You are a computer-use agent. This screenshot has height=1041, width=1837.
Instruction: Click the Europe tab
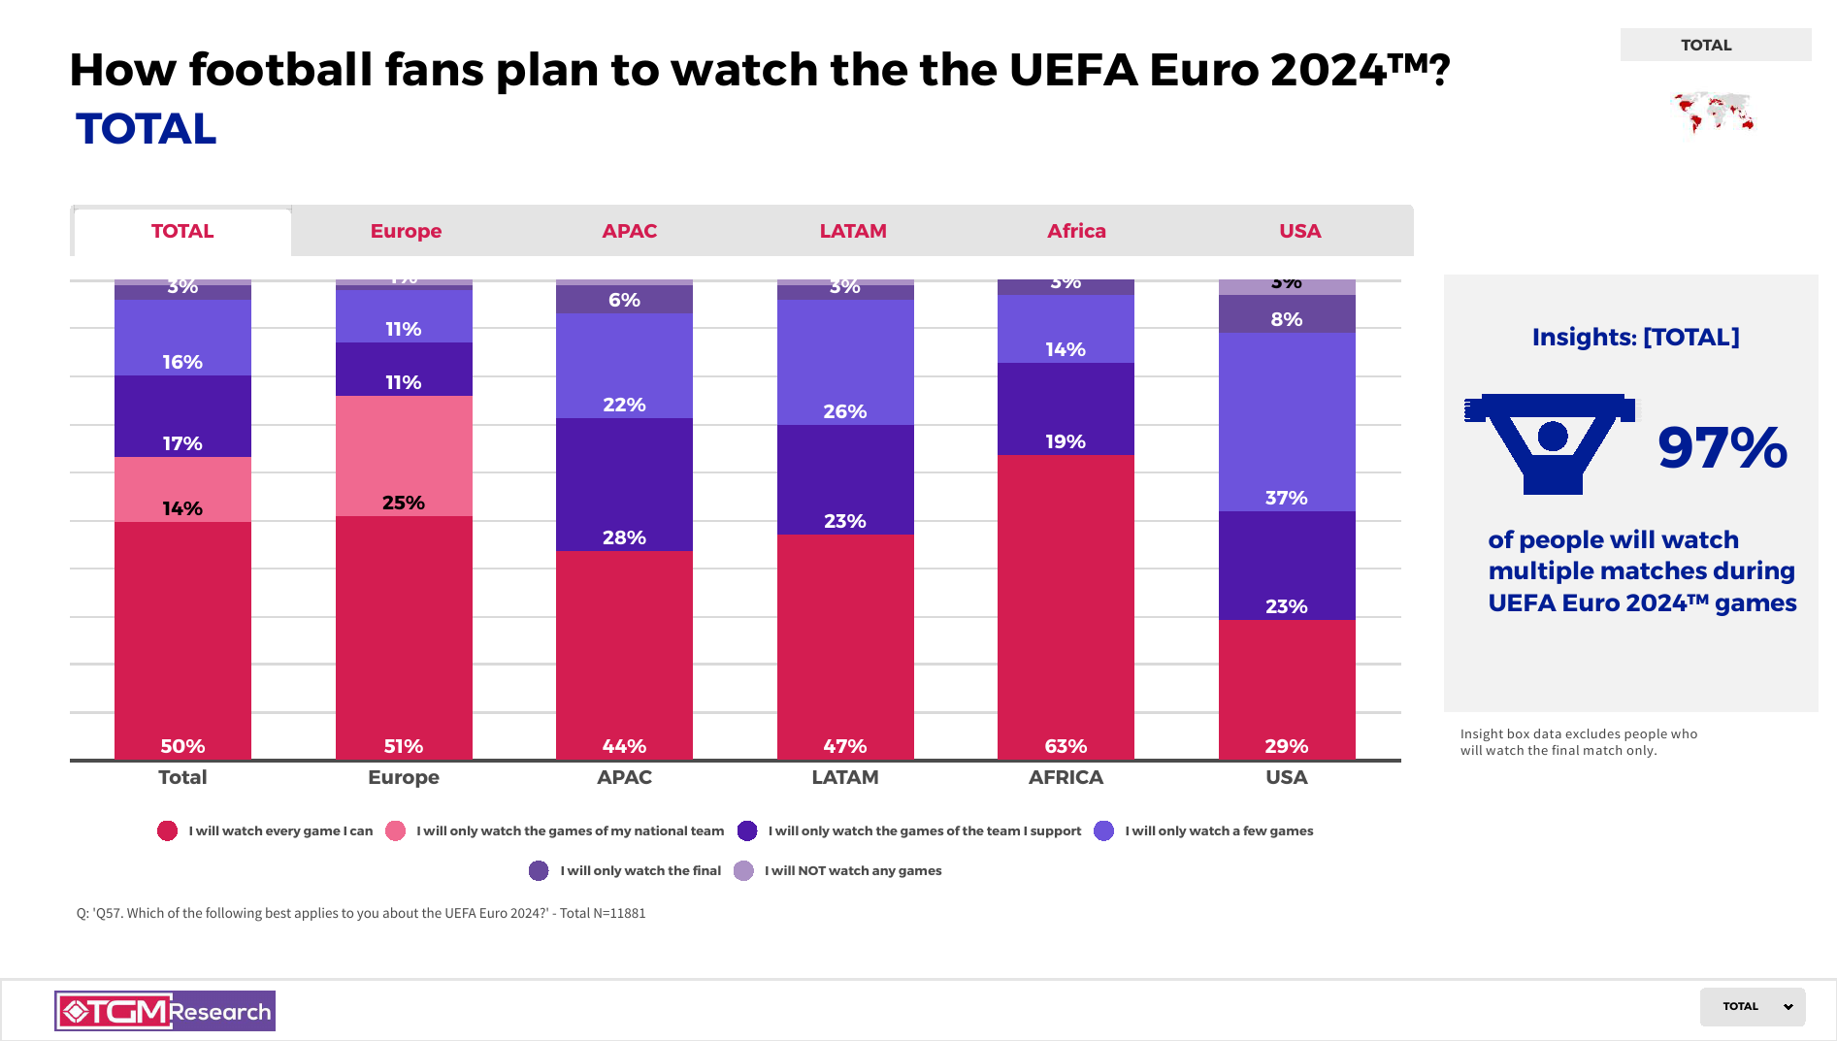pyautogui.click(x=406, y=231)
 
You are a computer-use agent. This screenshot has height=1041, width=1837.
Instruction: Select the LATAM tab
pyautogui.click(x=853, y=231)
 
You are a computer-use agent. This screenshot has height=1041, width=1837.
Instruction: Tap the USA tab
pyautogui.click(x=1299, y=231)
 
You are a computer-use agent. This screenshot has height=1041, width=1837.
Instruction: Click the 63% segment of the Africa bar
pyautogui.click(x=1066, y=606)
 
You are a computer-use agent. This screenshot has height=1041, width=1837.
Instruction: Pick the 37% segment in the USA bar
pyautogui.click(x=1287, y=422)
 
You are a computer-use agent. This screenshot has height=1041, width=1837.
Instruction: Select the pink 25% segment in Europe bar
pyautogui.click(x=404, y=456)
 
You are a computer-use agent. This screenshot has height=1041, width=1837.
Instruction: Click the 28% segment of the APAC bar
pyautogui.click(x=624, y=484)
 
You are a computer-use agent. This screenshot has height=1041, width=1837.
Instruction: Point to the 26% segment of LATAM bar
pyautogui.click(x=845, y=362)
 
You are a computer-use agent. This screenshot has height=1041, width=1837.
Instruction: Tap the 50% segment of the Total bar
pyautogui.click(x=182, y=640)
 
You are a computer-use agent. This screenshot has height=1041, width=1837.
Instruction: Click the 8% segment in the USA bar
pyautogui.click(x=1287, y=314)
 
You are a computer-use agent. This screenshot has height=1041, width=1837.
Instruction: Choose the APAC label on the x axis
pyautogui.click(x=624, y=777)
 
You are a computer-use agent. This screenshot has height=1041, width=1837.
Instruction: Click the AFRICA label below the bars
pyautogui.click(x=1066, y=777)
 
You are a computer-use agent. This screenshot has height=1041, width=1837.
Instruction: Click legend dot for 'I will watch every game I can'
pyautogui.click(x=168, y=830)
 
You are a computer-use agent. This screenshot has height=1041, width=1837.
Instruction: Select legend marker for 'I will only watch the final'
pyautogui.click(x=539, y=870)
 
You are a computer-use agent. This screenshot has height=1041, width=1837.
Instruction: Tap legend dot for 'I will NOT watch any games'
pyautogui.click(x=743, y=870)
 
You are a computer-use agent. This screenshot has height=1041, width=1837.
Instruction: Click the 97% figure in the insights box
pyautogui.click(x=1722, y=447)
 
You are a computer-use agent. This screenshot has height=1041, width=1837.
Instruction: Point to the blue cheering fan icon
pyautogui.click(x=1551, y=442)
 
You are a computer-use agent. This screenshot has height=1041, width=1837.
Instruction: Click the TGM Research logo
pyautogui.click(x=165, y=1011)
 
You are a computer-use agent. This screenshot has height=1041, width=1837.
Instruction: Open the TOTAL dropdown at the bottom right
pyautogui.click(x=1752, y=1006)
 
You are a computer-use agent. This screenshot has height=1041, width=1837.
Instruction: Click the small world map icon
pyautogui.click(x=1714, y=113)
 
